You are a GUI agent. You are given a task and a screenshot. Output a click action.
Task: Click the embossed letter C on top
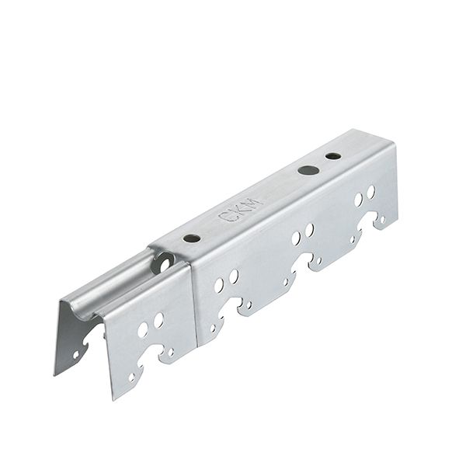(224, 216)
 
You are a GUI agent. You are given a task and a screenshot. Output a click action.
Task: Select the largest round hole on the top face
(308, 170)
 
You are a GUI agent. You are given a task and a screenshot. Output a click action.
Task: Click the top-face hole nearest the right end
(333, 156)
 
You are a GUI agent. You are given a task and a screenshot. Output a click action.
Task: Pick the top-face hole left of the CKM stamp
(192, 238)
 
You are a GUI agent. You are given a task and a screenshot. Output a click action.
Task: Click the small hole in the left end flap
(76, 354)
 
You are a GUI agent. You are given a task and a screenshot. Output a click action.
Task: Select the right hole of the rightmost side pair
(370, 192)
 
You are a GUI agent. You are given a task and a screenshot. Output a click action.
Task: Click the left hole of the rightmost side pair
(358, 200)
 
